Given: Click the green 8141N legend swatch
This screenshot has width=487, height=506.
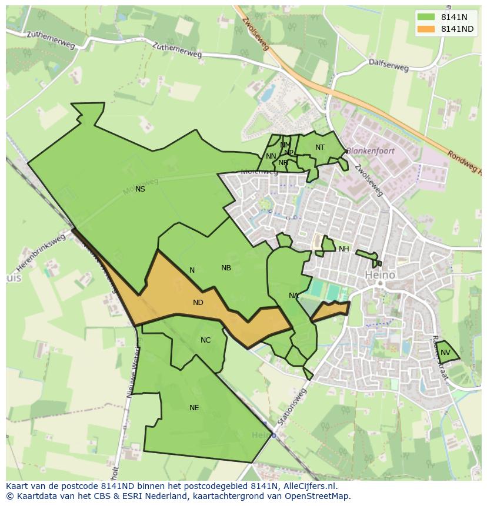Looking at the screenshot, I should click(426, 17).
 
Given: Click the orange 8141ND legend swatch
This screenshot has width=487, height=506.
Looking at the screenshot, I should click(426, 29).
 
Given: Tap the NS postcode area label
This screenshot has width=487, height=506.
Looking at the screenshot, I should click(140, 189).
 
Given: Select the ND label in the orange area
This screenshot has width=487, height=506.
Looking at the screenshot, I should click(198, 303).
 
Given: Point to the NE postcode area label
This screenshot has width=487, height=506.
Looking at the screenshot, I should click(194, 408).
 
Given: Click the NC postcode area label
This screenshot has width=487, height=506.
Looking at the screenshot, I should click(205, 340).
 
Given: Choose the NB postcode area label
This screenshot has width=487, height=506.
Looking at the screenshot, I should click(226, 268).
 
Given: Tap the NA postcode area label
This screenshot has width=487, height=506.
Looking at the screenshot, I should click(293, 296).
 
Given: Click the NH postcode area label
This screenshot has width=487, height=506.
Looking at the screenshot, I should click(343, 249).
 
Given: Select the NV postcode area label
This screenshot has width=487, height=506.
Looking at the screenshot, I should click(445, 353).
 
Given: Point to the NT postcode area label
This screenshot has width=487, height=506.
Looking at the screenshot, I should click(319, 148).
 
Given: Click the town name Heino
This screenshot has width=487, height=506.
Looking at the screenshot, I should click(380, 274).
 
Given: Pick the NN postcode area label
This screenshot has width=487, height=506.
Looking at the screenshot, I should click(271, 156).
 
